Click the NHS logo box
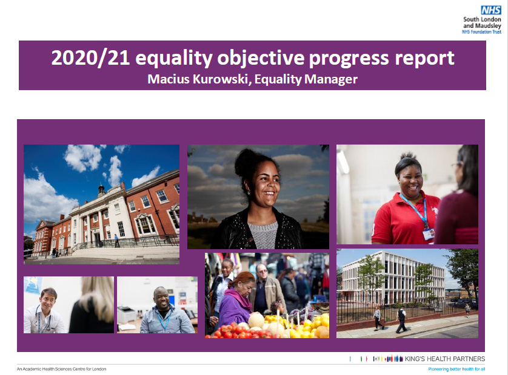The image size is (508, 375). [x=491, y=10]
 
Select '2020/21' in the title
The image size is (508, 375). [x=90, y=58]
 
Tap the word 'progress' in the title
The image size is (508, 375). [x=349, y=59]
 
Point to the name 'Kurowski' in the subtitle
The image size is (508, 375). [x=221, y=79]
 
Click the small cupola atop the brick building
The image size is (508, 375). [x=101, y=190]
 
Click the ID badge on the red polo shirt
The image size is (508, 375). [x=429, y=233]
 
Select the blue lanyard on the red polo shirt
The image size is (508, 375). [x=415, y=209]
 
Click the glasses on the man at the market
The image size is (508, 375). [x=261, y=271]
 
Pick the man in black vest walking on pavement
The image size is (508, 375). [x=401, y=319]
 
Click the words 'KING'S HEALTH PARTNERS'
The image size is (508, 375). [x=444, y=359]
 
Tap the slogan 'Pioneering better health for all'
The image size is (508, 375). [x=456, y=369]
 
